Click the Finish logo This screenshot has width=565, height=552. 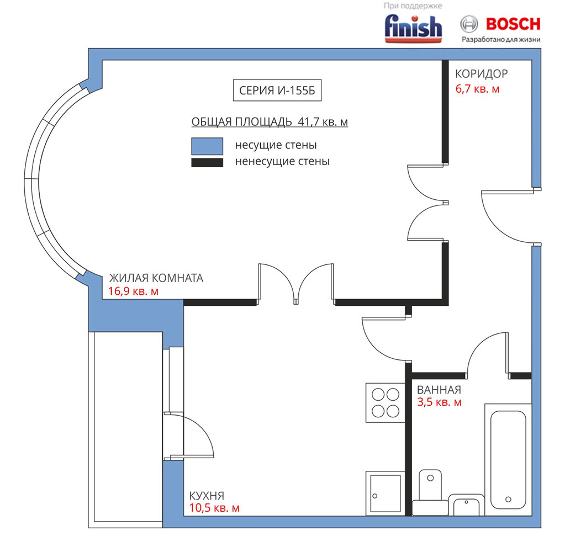(x=413, y=29)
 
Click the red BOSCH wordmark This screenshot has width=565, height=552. (x=513, y=24)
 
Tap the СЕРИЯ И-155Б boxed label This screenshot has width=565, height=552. (x=277, y=90)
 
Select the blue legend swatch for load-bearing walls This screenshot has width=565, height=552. (x=207, y=146)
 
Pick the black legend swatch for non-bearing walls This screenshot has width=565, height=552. (x=207, y=162)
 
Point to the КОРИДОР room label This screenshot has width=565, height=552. (x=482, y=74)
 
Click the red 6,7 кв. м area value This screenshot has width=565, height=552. (x=477, y=89)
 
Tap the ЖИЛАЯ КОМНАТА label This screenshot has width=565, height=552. (x=156, y=278)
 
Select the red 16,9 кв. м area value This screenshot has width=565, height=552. (x=133, y=291)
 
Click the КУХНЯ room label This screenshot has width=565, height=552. (x=207, y=496)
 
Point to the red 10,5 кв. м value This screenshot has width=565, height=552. (x=214, y=508)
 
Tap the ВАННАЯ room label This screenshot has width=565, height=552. (x=439, y=390)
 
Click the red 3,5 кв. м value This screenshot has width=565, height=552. (x=439, y=402)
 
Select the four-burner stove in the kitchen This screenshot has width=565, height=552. (x=386, y=402)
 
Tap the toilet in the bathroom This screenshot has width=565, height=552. (x=430, y=492)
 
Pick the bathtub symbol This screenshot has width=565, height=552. (x=508, y=460)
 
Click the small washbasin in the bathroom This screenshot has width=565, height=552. (x=466, y=505)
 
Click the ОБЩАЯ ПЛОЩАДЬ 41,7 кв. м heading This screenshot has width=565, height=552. (x=270, y=122)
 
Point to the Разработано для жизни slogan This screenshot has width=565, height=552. (x=501, y=40)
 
